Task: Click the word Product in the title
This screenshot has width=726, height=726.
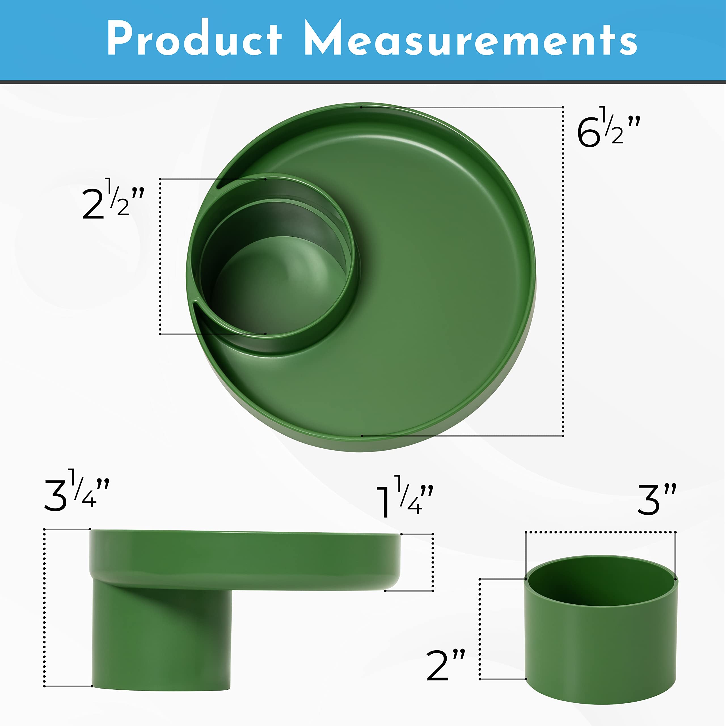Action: click(194, 39)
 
